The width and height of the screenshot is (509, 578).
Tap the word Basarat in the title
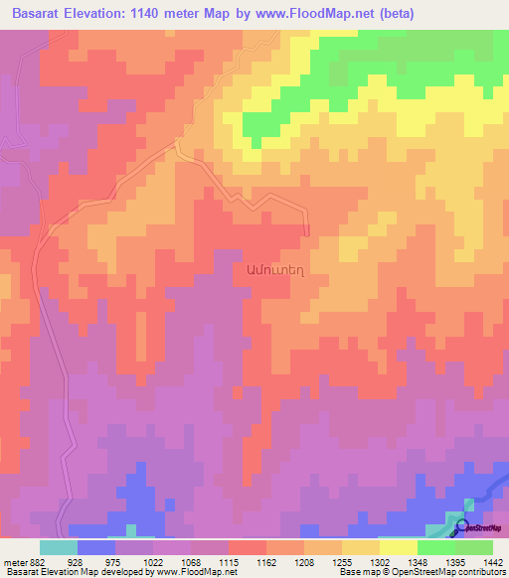(x=42, y=13)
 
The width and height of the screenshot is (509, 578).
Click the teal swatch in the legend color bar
(x=59, y=547)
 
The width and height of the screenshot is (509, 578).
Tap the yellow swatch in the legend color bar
(x=399, y=547)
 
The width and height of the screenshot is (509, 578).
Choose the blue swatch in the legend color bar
(x=96, y=547)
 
